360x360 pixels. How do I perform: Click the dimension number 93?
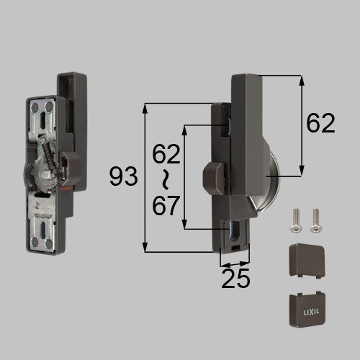pos(123,177)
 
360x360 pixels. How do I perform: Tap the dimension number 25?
pos(235,279)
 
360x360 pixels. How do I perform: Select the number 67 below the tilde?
pos(166,205)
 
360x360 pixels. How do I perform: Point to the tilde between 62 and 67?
pos(165,179)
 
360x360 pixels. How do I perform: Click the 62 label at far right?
pos(320,123)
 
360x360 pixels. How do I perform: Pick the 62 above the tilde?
pos(166,154)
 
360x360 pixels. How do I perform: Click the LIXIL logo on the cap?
pos(311,312)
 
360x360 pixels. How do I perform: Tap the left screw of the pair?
pos(297,220)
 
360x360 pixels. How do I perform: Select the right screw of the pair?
pos(315,220)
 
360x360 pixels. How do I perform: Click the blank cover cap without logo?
pos(307,261)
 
